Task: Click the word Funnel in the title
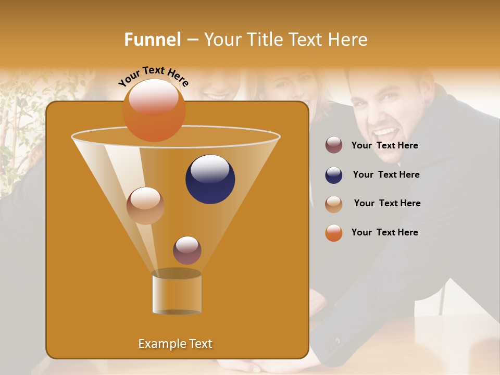152,40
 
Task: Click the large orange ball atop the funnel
154,110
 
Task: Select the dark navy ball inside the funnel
210,179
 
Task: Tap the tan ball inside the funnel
145,206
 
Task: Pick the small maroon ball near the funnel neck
187,251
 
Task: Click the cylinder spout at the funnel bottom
177,294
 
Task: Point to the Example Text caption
175,344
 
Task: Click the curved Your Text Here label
154,76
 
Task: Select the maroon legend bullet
334,145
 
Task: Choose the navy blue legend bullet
334,175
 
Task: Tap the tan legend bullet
334,204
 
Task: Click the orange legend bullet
334,233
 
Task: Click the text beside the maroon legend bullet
384,146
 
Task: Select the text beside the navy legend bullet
386,175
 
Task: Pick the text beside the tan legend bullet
387,204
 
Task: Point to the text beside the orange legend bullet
384,233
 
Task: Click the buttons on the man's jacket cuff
336,342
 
